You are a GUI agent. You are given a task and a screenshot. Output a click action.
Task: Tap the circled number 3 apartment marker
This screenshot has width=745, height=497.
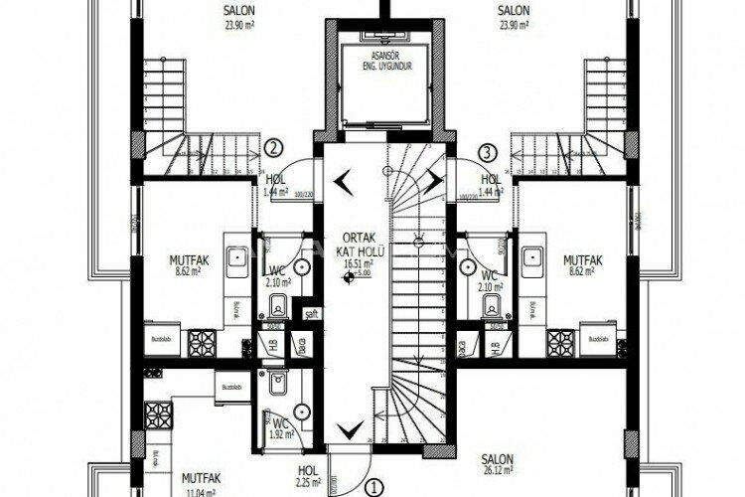487,152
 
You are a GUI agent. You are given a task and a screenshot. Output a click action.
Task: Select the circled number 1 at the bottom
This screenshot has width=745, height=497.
372,488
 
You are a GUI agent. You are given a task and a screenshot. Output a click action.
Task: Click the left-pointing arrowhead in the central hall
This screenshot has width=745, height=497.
343,180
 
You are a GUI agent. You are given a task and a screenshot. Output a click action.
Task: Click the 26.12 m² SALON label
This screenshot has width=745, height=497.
496,464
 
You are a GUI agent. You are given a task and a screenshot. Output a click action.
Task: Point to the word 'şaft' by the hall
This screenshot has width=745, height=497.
311,315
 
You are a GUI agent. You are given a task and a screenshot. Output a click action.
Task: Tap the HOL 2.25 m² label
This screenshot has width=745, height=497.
309,478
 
